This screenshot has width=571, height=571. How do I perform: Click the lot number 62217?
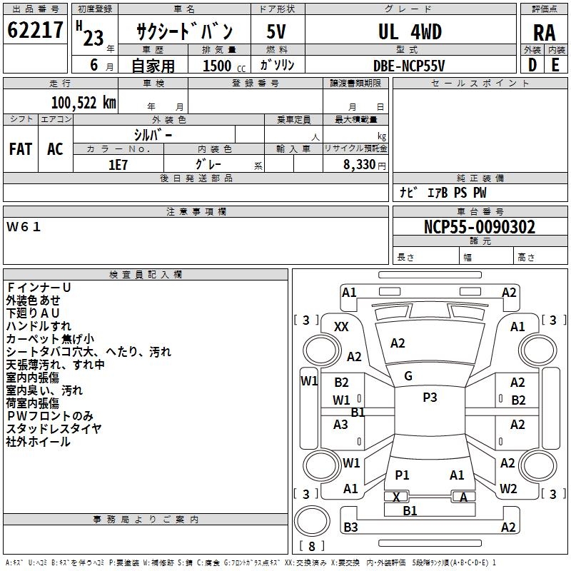click(x=36, y=31)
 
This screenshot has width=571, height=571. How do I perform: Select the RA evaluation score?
click(x=544, y=33)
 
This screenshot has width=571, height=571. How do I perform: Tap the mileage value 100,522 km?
click(x=84, y=103)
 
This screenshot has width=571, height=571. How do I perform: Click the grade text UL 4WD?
click(x=410, y=32)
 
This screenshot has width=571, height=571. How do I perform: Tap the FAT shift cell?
click(x=21, y=148)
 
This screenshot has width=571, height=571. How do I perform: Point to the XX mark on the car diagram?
click(x=342, y=326)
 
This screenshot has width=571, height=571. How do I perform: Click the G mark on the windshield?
click(x=408, y=376)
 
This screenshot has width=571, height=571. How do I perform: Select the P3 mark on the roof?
click(x=430, y=398)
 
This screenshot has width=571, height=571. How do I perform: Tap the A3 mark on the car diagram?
click(x=341, y=424)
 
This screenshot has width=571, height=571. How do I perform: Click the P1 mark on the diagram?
click(x=402, y=475)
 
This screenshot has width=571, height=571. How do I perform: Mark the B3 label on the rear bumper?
click(x=350, y=527)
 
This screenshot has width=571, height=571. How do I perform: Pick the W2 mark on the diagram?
click(x=508, y=489)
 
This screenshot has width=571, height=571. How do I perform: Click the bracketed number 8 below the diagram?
click(x=310, y=546)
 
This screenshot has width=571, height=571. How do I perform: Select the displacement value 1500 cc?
click(x=219, y=66)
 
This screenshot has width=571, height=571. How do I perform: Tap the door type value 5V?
click(x=277, y=32)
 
